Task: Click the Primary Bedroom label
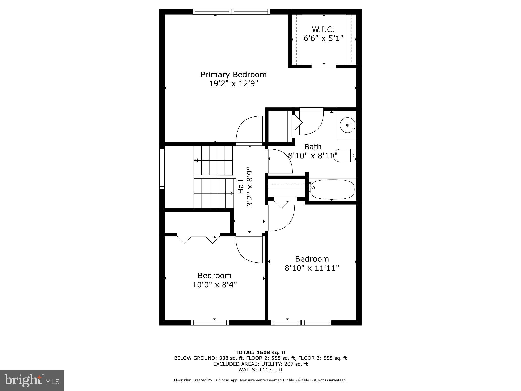click(x=234, y=75)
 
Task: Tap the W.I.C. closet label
click(x=323, y=29)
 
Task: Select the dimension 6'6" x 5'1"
click(x=323, y=38)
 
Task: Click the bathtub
click(x=332, y=189)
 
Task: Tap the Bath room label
click(x=313, y=147)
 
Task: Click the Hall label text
click(x=241, y=187)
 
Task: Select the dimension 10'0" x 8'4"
click(x=214, y=285)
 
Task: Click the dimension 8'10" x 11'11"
click(x=312, y=268)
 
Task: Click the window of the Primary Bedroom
click(x=231, y=11)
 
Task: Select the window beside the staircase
click(x=162, y=169)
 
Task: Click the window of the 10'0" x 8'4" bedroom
click(x=210, y=323)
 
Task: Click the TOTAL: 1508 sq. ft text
click(x=260, y=352)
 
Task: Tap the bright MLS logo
click(x=32, y=380)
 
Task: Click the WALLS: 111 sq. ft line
click(x=260, y=370)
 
